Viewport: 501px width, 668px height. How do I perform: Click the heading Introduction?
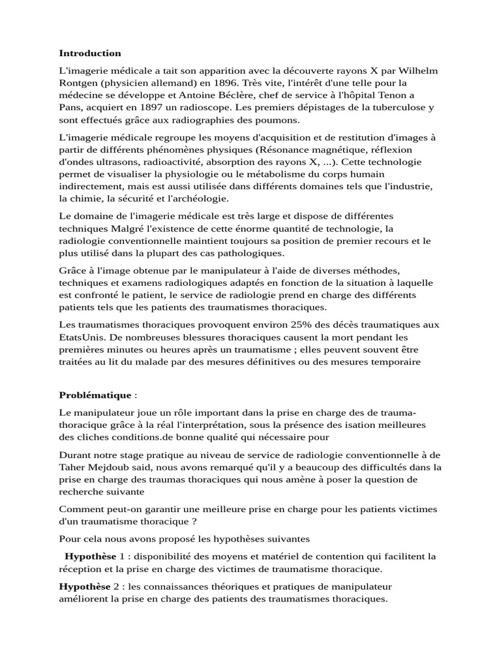coord(90,53)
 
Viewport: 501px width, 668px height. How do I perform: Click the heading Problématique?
coord(95,395)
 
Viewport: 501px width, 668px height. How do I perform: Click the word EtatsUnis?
coord(81,337)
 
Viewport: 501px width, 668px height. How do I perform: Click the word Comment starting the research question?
coord(81,509)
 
